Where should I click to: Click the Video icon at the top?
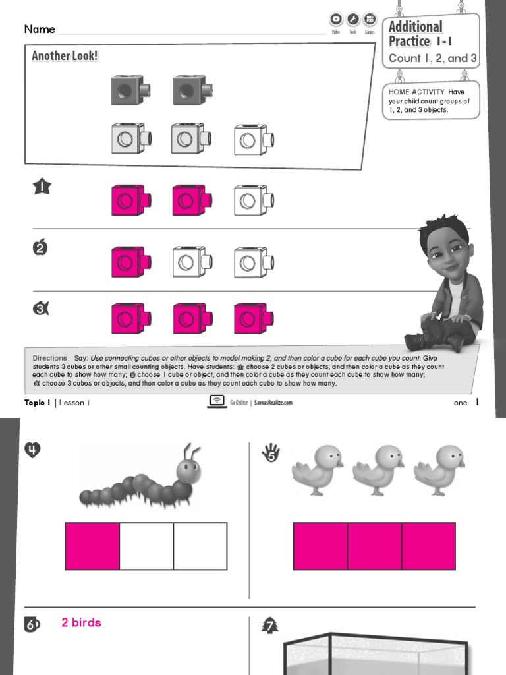pos(336,20)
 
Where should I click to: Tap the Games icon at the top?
pos(370,20)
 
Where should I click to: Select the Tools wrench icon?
pos(353,20)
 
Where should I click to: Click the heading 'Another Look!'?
pos(65,56)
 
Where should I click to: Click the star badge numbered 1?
pos(42,187)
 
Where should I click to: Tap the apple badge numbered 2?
pos(41,248)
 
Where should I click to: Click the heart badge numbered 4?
pos(33,450)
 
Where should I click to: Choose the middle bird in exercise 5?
pos(377,469)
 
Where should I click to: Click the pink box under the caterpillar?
pos(92,546)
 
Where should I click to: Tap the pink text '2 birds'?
pos(81,622)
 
